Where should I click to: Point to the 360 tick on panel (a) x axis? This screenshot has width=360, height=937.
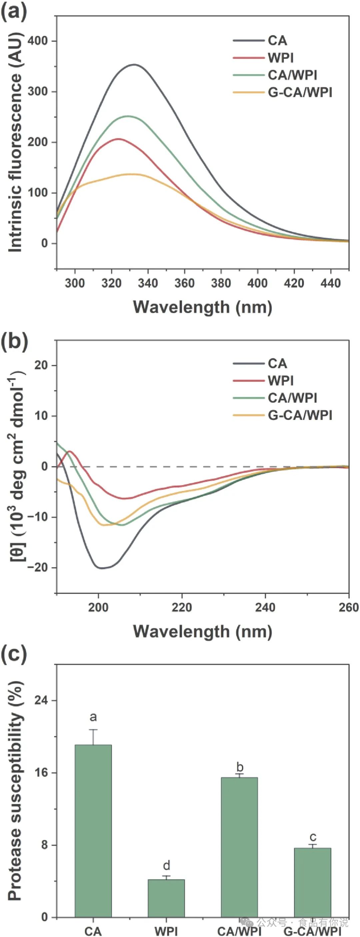coord(184,283)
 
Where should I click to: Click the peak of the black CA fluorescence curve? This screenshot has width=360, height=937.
coord(134,65)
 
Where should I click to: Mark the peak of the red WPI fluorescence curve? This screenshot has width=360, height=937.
coord(118,139)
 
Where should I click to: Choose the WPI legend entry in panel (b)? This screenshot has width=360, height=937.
coord(280,380)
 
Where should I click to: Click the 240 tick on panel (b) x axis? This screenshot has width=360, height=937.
coord(265,607)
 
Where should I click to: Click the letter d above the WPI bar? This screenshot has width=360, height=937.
coord(167,865)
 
